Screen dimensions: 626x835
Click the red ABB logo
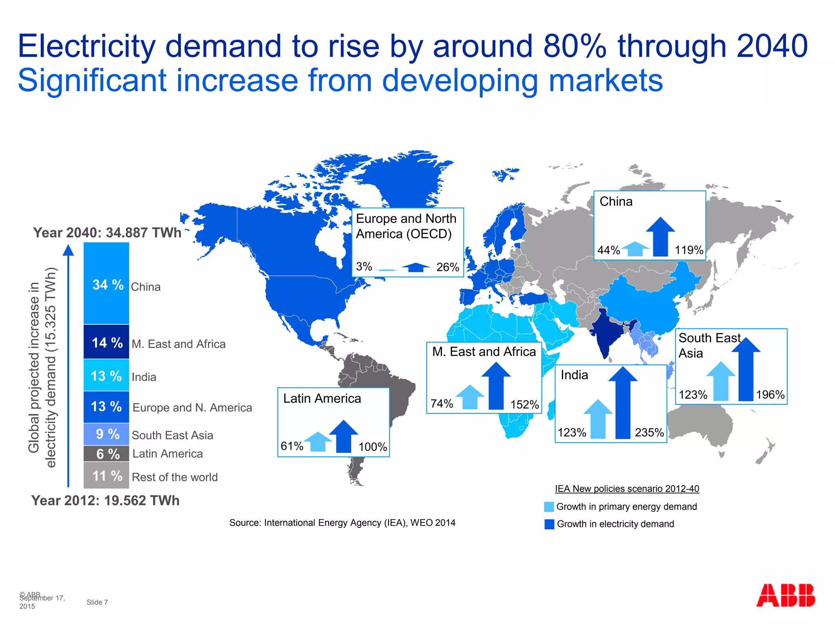[785, 595]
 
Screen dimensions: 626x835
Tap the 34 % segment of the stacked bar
[106, 284]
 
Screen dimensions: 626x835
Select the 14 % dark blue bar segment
[106, 342]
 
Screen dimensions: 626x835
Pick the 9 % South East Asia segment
[106, 434]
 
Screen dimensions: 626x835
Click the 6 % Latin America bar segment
[106, 454]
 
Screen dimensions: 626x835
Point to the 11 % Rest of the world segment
[106, 476]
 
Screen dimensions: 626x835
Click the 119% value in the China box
[689, 250]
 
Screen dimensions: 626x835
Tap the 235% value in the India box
[649, 432]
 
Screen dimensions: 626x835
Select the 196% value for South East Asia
[770, 395]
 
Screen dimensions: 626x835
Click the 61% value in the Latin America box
[292, 446]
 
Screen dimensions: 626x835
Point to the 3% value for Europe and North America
[364, 267]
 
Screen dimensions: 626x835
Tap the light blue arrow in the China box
[635, 249]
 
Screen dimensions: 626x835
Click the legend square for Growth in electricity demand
[549, 524]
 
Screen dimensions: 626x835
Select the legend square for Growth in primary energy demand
[549, 507]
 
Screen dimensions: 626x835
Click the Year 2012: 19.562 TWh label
[105, 500]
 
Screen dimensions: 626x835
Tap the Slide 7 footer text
[97, 602]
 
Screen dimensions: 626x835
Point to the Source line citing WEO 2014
[342, 523]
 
